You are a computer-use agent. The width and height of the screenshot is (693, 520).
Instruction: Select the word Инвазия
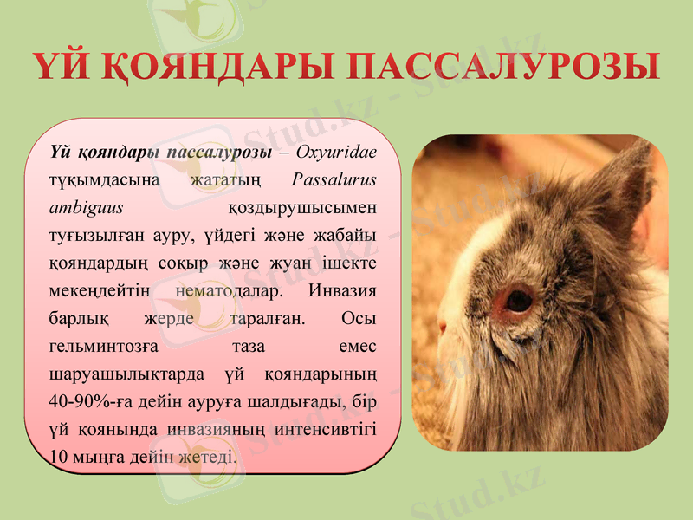coord(342,290)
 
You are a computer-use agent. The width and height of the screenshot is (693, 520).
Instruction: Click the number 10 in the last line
coord(59,456)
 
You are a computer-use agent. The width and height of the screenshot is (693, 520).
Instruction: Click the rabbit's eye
coord(519,301)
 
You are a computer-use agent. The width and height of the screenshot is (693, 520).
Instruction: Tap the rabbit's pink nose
coord(442,327)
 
